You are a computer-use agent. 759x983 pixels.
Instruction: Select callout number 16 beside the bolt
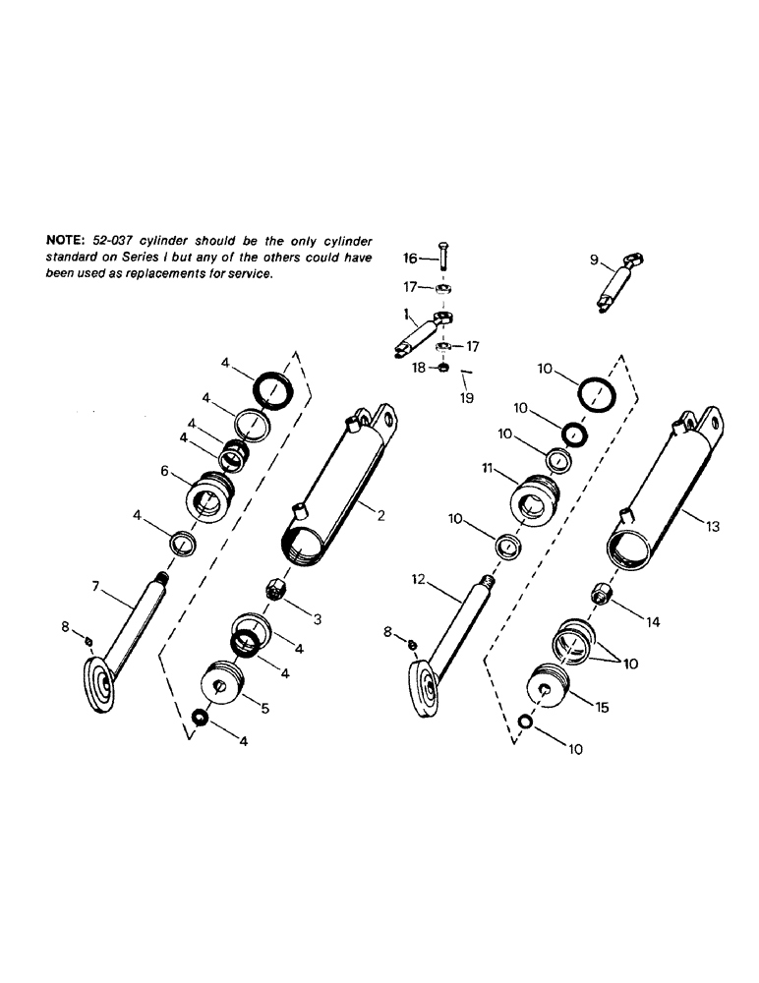pyautogui.click(x=412, y=259)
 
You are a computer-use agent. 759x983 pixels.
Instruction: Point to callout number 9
pyautogui.click(x=594, y=260)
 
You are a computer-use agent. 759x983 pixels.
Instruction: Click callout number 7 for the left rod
pyautogui.click(x=96, y=587)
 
